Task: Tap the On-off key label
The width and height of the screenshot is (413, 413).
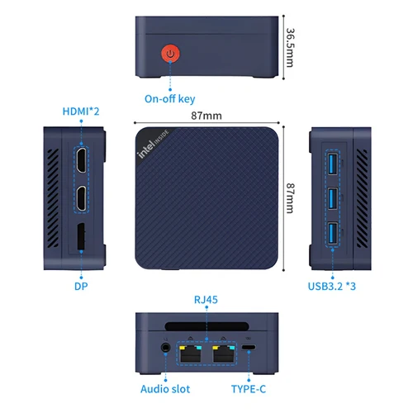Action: [171, 99]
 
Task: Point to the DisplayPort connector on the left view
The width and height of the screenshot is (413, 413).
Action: [82, 239]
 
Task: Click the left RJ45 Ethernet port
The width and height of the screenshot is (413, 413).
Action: [192, 352]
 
